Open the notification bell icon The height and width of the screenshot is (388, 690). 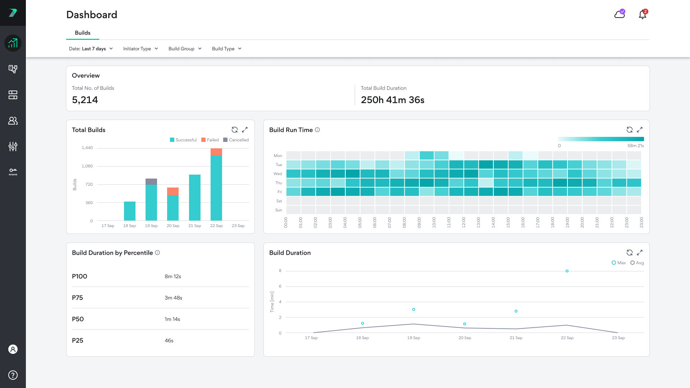642,15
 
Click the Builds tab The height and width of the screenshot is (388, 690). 82,33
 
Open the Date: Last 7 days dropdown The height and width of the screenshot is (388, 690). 91,49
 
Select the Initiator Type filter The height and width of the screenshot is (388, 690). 141,49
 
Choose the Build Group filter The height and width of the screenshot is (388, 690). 185,49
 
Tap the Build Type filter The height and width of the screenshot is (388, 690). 226,49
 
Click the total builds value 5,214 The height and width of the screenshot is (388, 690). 85,100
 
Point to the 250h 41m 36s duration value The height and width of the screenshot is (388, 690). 392,100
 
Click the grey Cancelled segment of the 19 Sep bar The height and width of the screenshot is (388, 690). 151,181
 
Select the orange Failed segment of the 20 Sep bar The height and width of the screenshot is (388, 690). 173,191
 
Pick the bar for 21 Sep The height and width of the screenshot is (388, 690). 195,198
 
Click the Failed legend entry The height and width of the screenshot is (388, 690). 210,140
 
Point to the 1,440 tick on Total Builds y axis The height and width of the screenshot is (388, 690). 87,148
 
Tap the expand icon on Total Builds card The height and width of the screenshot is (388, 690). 245,130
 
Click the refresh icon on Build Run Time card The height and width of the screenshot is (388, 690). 629,130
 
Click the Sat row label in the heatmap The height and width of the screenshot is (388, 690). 279,201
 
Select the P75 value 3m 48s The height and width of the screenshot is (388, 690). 173,298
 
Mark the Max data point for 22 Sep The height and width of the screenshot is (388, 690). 567,271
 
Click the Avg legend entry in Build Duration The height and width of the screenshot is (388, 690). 637,263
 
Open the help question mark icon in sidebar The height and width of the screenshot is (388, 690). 13,375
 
